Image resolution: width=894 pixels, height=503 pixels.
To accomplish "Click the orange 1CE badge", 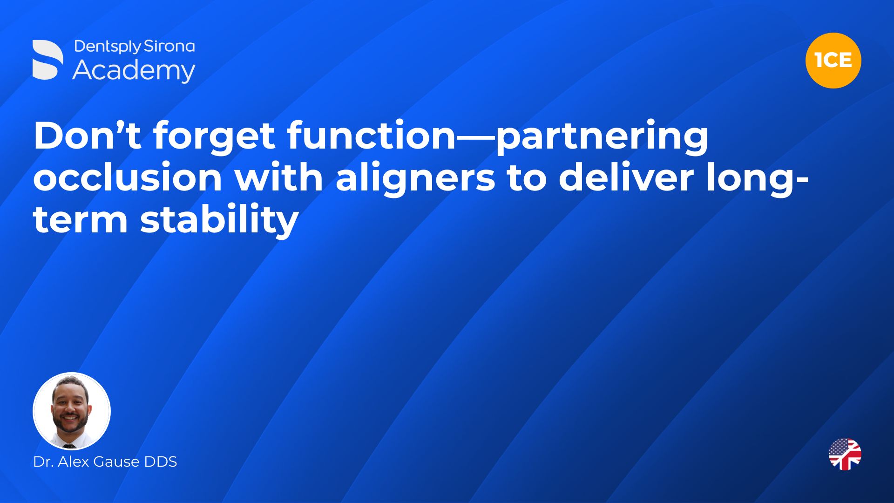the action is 833,61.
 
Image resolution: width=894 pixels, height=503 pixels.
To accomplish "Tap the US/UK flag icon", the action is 845,454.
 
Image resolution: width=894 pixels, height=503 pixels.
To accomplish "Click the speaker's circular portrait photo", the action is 72,411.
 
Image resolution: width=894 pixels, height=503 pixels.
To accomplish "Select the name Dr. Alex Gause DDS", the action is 105,462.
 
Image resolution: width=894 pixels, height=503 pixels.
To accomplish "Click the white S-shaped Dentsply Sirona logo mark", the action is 47,60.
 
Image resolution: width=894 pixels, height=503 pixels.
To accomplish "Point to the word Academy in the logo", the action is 134,71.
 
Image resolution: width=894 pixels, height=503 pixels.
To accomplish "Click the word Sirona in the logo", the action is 169,46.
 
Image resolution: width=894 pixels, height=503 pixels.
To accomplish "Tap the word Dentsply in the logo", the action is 108,47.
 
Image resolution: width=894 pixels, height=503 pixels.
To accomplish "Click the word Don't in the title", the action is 88,136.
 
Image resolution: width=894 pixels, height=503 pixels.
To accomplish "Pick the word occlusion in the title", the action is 128,178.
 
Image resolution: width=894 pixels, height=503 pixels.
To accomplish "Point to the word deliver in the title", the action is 626,178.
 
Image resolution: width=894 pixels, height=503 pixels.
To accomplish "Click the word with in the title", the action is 278,178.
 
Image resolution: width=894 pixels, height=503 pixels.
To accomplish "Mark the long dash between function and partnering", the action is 476,137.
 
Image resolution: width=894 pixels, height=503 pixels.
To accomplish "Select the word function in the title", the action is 372,136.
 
